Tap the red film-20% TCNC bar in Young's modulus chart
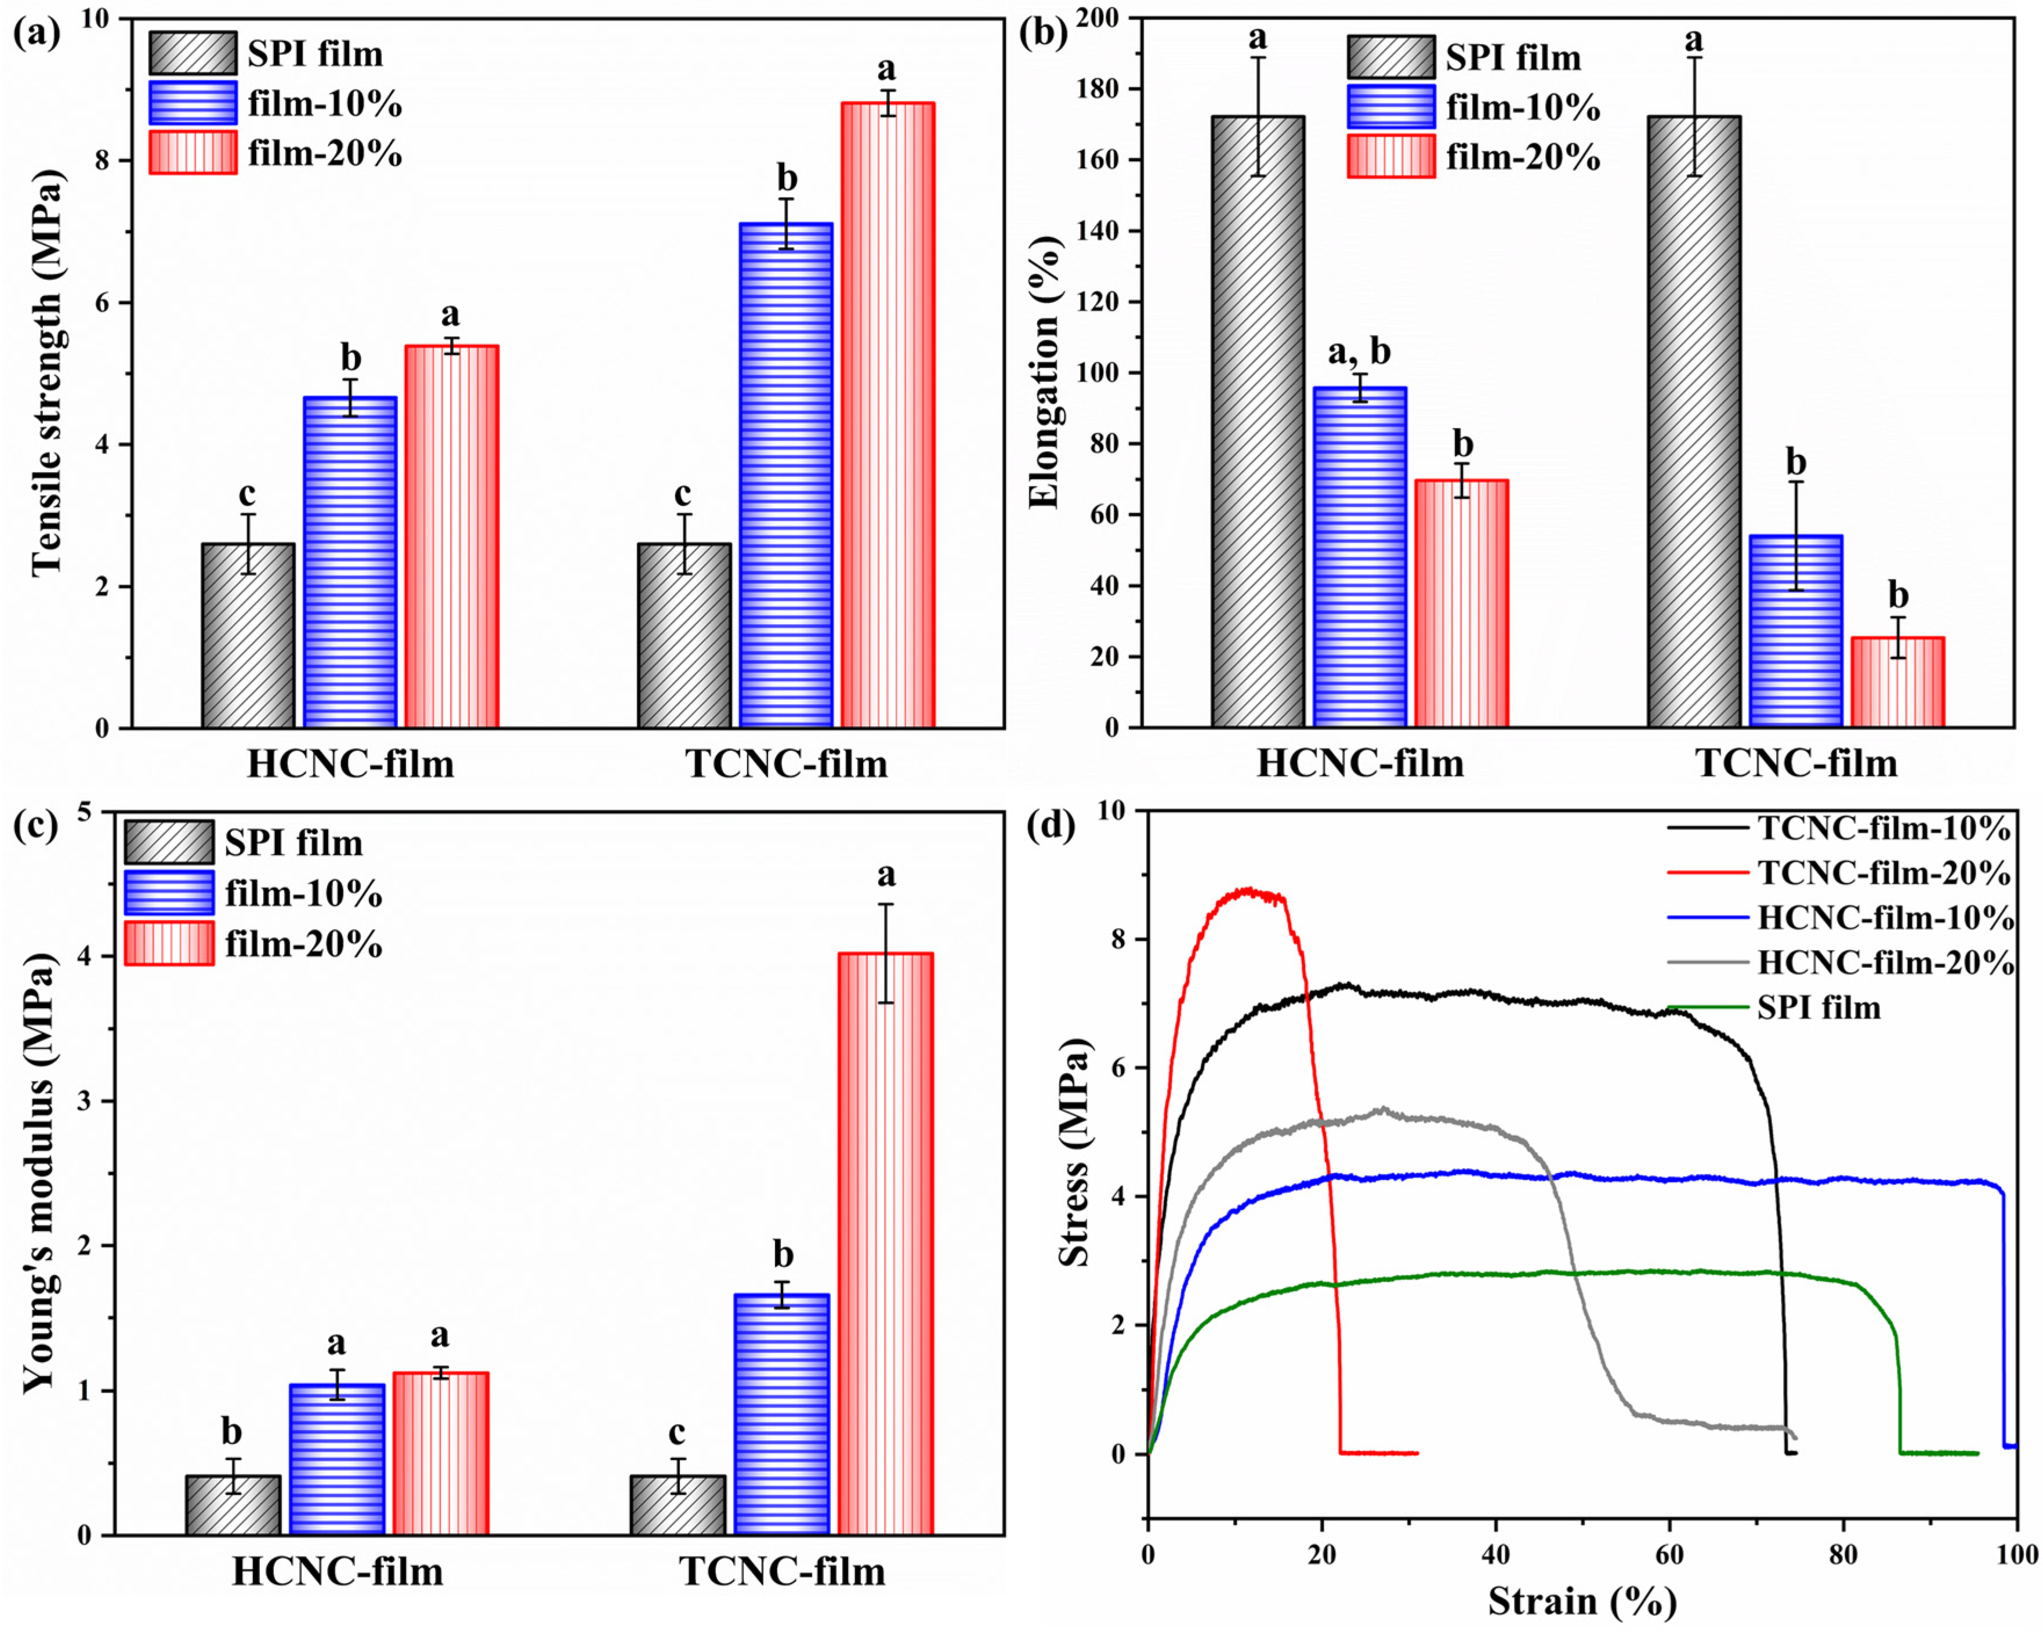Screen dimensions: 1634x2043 pyautogui.click(x=885, y=1244)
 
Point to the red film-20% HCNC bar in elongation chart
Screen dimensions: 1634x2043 pyautogui.click(x=1461, y=604)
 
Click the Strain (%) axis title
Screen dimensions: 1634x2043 pyautogui.click(x=1581, y=1601)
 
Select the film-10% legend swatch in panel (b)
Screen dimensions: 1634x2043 pyautogui.click(x=1390, y=107)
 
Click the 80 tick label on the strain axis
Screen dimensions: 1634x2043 pyautogui.click(x=1842, y=1555)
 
